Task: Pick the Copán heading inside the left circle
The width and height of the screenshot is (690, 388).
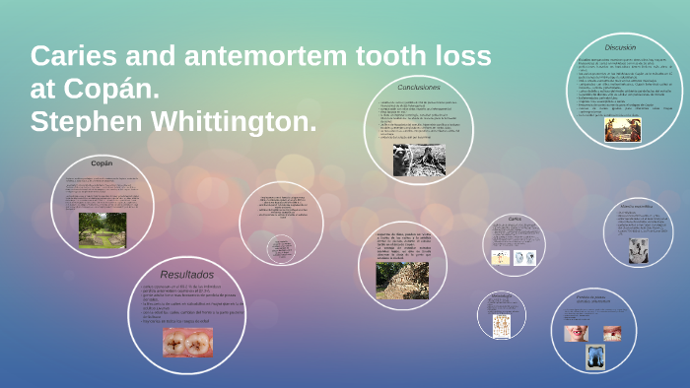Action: pyautogui.click(x=103, y=162)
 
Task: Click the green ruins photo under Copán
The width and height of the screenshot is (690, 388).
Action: pyautogui.click(x=103, y=229)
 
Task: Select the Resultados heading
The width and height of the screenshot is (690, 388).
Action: pyautogui.click(x=187, y=274)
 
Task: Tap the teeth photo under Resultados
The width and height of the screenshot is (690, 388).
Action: pyautogui.click(x=187, y=341)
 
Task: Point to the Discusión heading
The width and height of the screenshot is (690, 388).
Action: pyautogui.click(x=620, y=47)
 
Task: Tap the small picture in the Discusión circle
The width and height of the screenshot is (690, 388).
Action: pyautogui.click(x=622, y=128)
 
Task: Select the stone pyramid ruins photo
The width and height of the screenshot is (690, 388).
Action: pyautogui.click(x=402, y=280)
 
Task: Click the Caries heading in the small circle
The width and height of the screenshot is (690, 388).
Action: pyautogui.click(x=513, y=219)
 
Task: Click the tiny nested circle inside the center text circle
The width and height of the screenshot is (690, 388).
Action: pyautogui.click(x=282, y=247)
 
